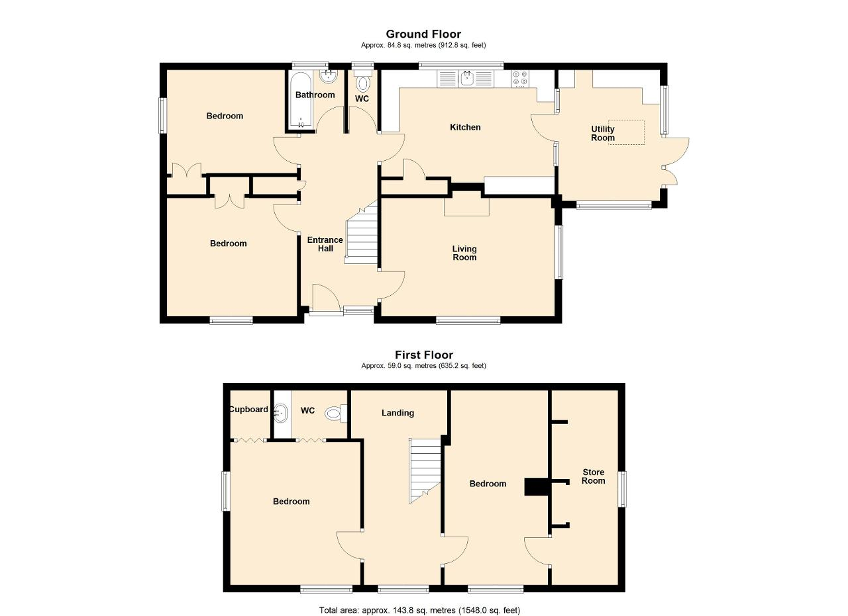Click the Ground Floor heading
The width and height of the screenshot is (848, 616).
click(423, 34)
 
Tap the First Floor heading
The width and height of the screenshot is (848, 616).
click(423, 355)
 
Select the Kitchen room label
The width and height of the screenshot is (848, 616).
click(465, 128)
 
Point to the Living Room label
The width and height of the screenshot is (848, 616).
click(464, 253)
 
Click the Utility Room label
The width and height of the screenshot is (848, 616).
click(603, 134)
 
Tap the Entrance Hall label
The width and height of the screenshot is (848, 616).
click(325, 244)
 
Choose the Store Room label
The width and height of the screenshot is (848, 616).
click(593, 476)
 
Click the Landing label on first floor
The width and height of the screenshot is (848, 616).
click(397, 413)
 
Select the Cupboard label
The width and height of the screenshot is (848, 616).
click(248, 409)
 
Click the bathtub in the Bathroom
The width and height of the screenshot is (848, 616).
click(301, 100)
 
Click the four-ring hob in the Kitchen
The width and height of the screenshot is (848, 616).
click(520, 79)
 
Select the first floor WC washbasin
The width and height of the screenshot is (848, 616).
click(281, 413)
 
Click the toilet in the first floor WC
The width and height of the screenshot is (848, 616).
click(336, 413)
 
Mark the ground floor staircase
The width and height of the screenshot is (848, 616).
click(362, 232)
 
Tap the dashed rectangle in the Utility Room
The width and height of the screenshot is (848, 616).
click(626, 132)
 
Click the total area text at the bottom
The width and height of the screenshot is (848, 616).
click(419, 599)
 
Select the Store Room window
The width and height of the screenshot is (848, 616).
click(622, 488)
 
